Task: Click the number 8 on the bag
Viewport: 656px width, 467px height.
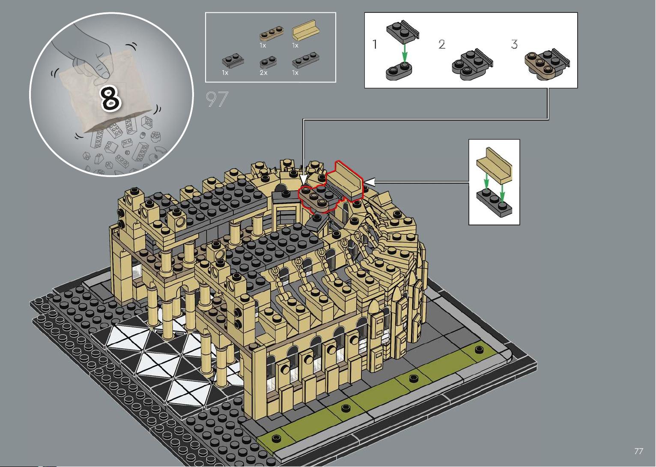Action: click(x=111, y=99)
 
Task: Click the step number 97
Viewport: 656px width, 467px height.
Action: click(x=217, y=99)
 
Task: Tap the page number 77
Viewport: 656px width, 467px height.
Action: click(x=639, y=451)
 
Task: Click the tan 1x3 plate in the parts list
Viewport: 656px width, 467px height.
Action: click(x=271, y=33)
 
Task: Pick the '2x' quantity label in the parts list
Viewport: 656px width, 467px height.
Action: click(x=263, y=73)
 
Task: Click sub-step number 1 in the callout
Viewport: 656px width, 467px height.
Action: click(x=375, y=44)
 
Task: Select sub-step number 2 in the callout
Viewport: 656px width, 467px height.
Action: click(x=442, y=44)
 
